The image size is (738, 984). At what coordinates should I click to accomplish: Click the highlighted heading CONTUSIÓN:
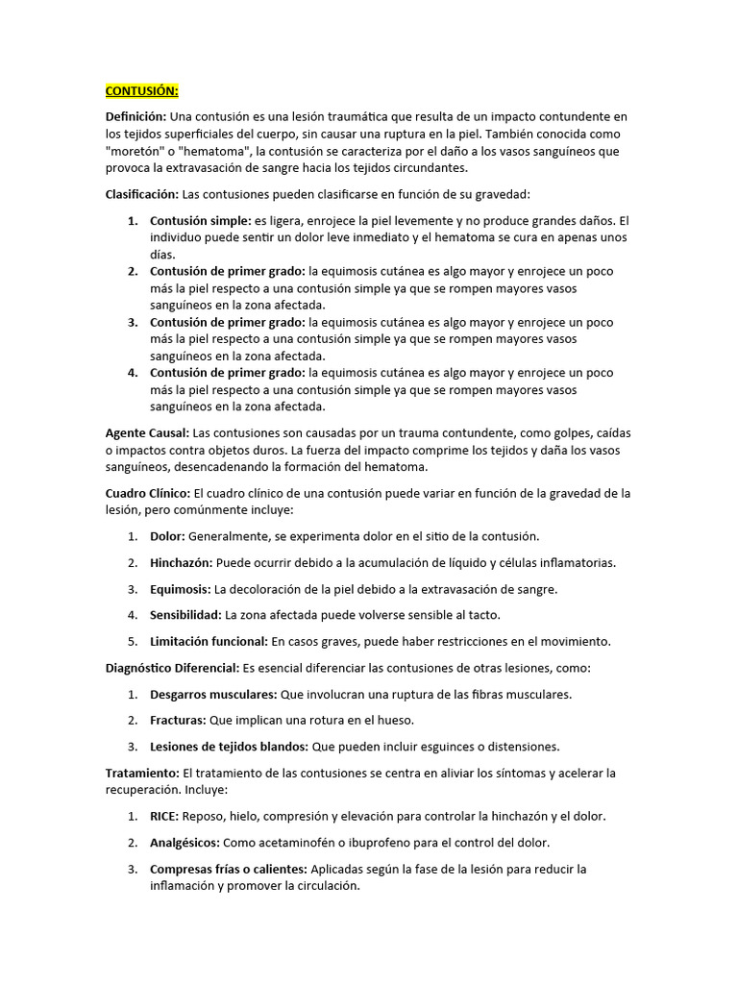coord(141,91)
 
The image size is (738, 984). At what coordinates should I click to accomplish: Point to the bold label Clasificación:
coord(141,194)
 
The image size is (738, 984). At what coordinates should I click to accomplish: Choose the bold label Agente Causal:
coord(147,432)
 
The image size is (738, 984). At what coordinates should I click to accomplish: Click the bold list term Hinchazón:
coord(182,562)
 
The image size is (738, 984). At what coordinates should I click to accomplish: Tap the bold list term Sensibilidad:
coord(185,614)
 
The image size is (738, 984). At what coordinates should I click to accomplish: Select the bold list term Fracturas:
coord(179,720)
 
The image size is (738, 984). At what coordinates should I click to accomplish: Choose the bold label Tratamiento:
coord(141,773)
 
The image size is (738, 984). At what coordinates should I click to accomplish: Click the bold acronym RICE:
coord(164,816)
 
